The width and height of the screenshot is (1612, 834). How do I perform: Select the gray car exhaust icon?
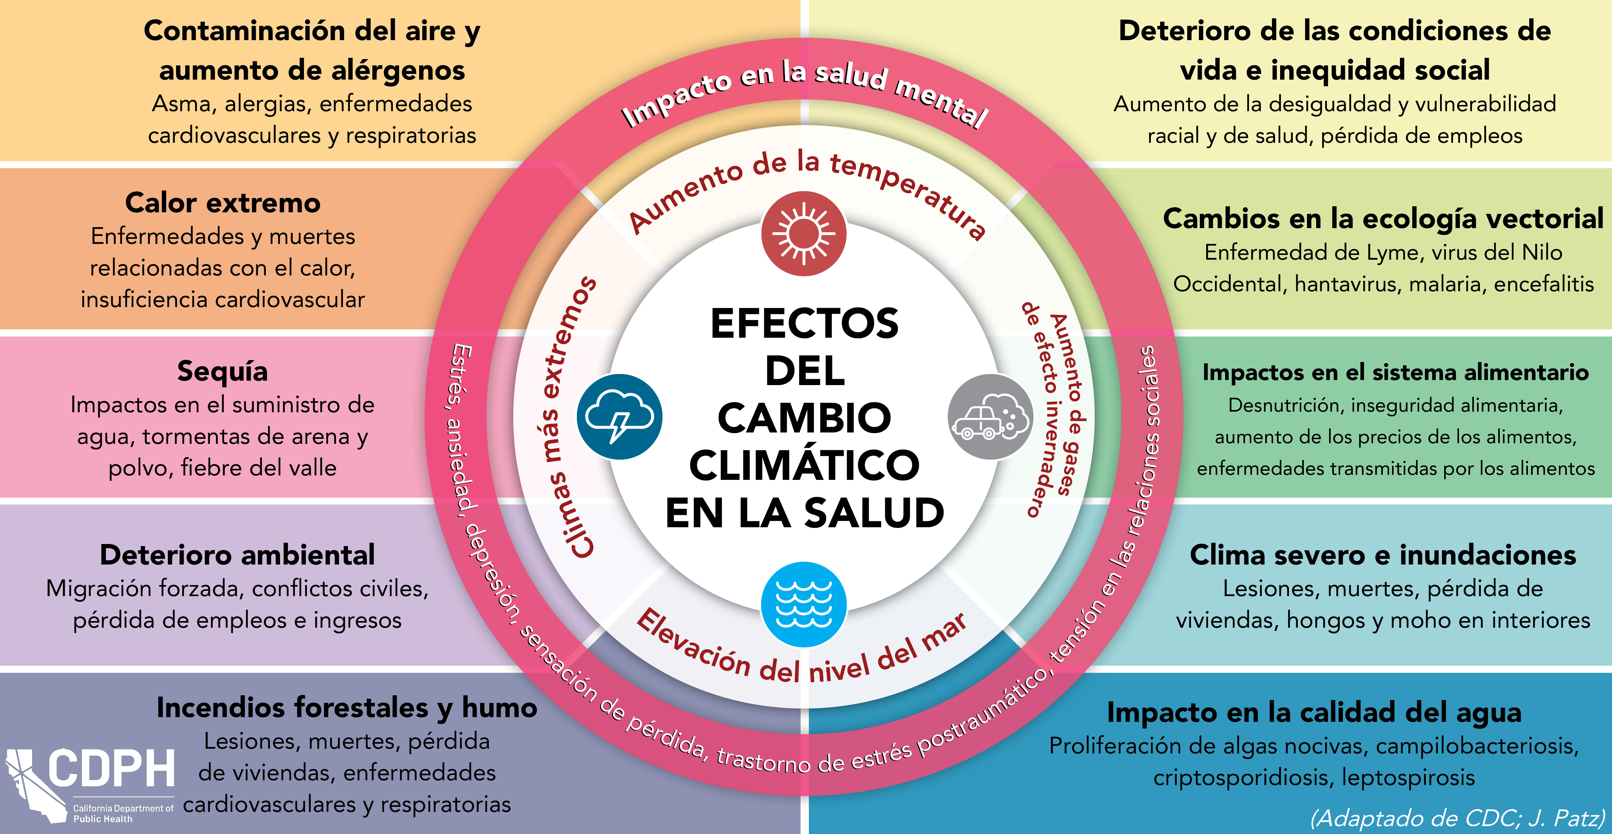(x=991, y=417)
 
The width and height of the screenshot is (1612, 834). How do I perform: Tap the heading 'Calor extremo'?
(x=223, y=203)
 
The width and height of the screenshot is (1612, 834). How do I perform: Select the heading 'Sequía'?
(x=223, y=371)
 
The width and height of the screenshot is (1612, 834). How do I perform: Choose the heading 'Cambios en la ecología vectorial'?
(x=1383, y=218)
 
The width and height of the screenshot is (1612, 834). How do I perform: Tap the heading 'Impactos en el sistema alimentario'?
(x=1395, y=372)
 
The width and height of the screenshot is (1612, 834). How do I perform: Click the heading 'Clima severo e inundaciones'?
(x=1383, y=555)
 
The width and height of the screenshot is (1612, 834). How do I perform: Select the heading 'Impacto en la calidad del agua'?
(x=1314, y=712)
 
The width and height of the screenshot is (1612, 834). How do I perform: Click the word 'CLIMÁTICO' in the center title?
(x=804, y=465)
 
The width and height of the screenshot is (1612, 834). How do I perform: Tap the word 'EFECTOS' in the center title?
(x=804, y=324)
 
